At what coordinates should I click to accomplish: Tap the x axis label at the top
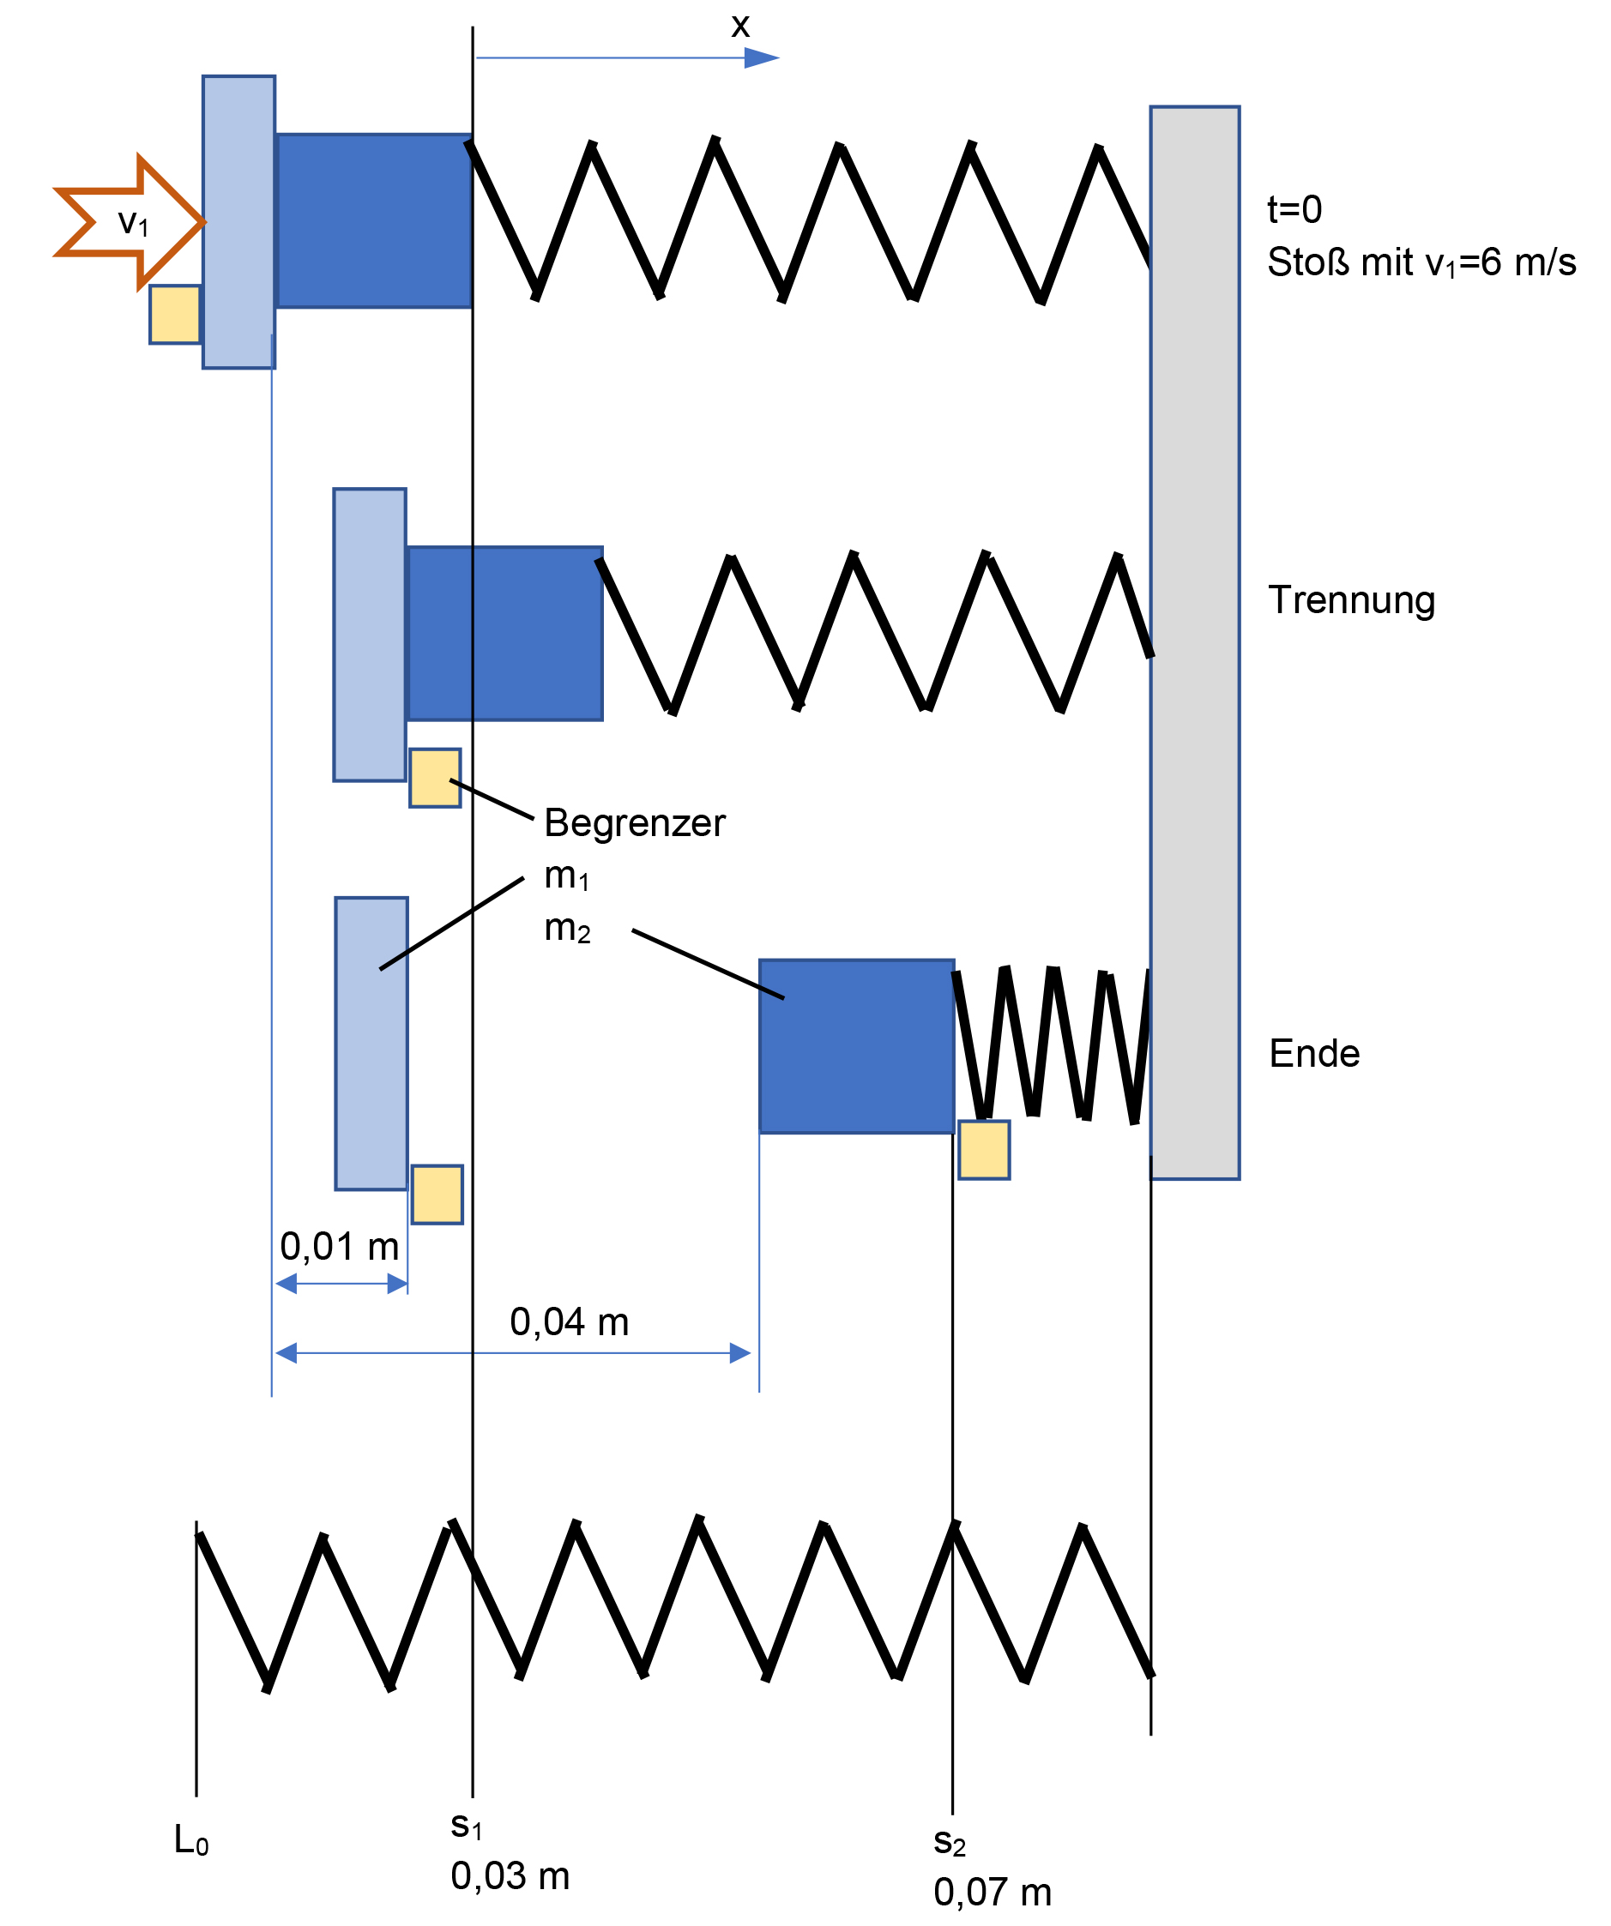(740, 26)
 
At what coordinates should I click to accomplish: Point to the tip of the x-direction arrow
(779, 57)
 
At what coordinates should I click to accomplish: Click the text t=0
(1294, 209)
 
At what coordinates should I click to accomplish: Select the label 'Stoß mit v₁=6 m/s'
(1421, 262)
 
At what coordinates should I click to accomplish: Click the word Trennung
(1351, 601)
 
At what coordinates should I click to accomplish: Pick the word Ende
(1313, 1053)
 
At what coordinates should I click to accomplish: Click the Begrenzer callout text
(635, 823)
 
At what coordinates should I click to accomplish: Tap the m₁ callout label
(567, 876)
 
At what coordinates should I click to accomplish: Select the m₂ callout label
(567, 928)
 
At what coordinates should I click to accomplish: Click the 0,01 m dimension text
(340, 1246)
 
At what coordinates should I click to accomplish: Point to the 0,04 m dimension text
(569, 1321)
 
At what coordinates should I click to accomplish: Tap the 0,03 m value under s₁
(510, 1876)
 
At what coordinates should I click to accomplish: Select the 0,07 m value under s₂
(993, 1892)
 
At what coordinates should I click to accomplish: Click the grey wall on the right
(1194, 642)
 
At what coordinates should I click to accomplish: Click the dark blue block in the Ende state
(857, 1046)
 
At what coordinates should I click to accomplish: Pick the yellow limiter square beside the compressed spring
(983, 1149)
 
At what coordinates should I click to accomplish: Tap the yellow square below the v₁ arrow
(175, 315)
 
